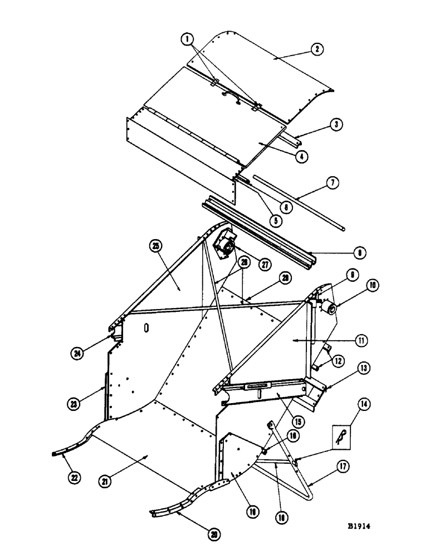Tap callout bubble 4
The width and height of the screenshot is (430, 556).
(x=301, y=157)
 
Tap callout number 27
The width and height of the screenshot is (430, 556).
(x=265, y=265)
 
